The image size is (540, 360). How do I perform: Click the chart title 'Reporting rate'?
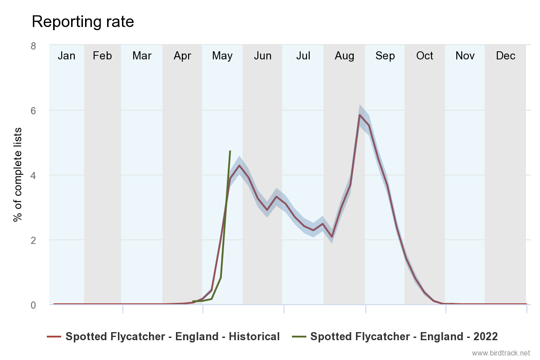(x=83, y=22)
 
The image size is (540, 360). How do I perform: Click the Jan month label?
(x=67, y=56)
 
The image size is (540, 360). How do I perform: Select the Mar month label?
(x=142, y=56)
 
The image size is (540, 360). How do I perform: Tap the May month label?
(x=222, y=56)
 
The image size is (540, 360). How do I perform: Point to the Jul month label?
(x=303, y=56)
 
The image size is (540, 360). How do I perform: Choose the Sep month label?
(x=385, y=56)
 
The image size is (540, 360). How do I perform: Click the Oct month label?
(x=424, y=56)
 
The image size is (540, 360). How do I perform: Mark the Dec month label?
(x=505, y=56)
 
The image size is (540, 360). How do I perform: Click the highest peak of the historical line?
(x=360, y=115)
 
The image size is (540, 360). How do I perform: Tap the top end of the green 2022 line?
(x=230, y=151)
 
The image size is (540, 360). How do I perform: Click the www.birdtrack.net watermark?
(x=501, y=352)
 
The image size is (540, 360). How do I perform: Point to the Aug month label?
(x=344, y=56)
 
